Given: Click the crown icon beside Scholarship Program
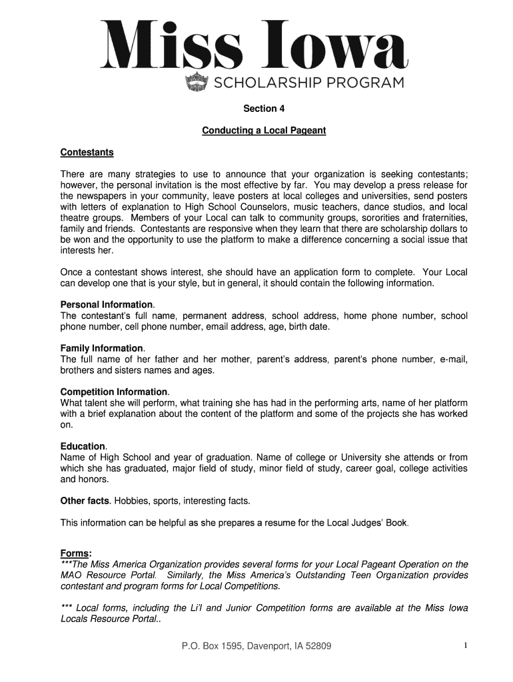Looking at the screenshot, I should pyautogui.click(x=196, y=83).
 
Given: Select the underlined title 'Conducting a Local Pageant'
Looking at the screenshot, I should pyautogui.click(x=264, y=131).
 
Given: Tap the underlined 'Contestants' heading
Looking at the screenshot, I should pyautogui.click(x=87, y=153).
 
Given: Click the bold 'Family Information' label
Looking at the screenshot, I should pyautogui.click(x=101, y=348).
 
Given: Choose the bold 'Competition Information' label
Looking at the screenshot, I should pyautogui.click(x=114, y=392).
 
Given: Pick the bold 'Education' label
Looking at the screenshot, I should pyautogui.click(x=83, y=446).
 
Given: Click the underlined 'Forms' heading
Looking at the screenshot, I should pyautogui.click(x=75, y=553).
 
